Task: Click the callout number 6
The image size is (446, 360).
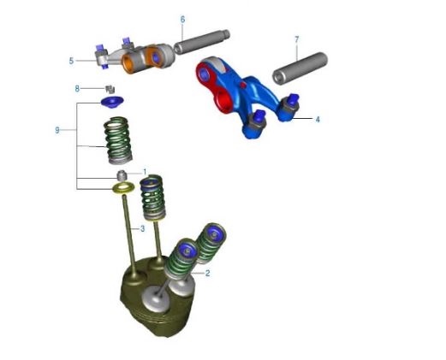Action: tap(182, 20)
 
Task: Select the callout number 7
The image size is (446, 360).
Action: tap(297, 39)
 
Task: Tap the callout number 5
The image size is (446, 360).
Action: tap(71, 61)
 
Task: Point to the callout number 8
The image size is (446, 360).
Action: tap(77, 89)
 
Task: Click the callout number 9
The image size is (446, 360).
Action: tap(57, 130)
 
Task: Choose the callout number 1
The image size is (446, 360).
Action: tap(145, 172)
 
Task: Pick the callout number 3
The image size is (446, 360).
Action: tap(142, 228)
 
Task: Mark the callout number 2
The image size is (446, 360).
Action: tap(207, 273)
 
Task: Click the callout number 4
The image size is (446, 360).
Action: tap(318, 120)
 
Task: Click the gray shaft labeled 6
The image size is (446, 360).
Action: tap(202, 42)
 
